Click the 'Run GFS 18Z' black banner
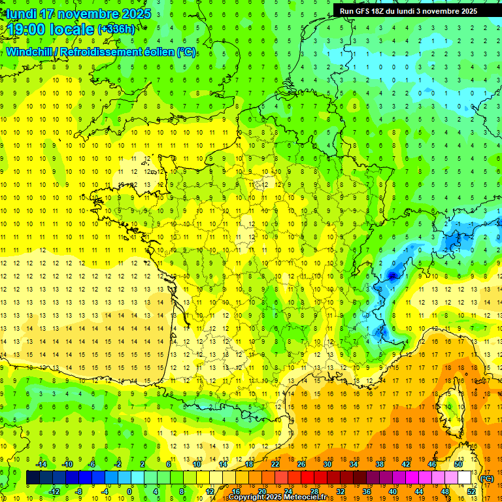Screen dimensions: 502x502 point(409,10)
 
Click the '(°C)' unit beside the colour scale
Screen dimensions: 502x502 point(486,478)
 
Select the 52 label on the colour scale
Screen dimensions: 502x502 point(471,492)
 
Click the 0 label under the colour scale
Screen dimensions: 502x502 point(129,492)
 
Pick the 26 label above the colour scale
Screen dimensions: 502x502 point(301,464)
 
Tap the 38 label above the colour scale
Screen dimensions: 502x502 point(380,464)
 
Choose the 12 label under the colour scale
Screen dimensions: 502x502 point(210,492)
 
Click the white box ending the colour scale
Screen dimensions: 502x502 point(465,478)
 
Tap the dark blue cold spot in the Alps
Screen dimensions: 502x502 point(392,276)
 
